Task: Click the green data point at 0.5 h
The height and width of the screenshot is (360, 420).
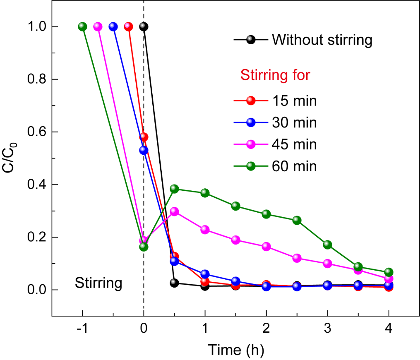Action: [x=174, y=189]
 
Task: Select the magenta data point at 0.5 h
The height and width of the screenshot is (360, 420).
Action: [x=174, y=211]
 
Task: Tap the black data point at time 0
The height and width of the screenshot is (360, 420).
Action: [x=144, y=27]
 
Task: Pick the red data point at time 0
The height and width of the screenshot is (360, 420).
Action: [x=144, y=137]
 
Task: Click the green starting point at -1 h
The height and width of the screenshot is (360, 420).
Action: [x=82, y=27]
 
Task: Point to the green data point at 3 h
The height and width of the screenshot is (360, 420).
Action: [x=327, y=245]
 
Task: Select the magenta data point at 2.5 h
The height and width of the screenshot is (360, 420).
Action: [x=297, y=258]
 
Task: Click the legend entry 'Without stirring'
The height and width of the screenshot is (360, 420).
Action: [x=322, y=40]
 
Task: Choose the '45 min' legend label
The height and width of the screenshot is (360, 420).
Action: [x=294, y=144]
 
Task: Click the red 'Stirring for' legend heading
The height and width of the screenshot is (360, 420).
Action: [x=276, y=76]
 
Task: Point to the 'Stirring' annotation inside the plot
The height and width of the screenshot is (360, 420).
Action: [x=98, y=283]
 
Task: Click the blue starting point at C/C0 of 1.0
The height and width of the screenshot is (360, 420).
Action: [x=113, y=27]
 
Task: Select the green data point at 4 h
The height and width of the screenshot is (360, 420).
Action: [x=389, y=272]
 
